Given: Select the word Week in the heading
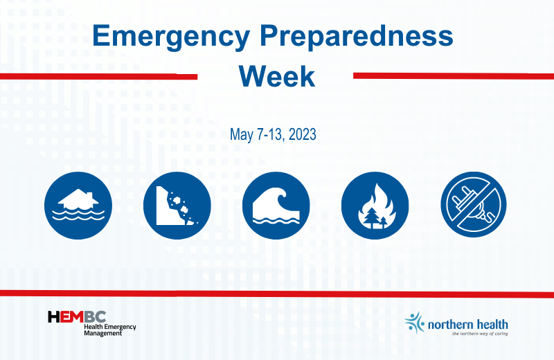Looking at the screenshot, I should [277, 76].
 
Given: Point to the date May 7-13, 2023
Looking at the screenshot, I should [273, 134].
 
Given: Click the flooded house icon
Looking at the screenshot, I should [78, 206].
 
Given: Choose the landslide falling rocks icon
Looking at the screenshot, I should [177, 206].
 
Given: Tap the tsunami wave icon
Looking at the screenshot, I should [276, 206].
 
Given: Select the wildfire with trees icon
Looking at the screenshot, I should [375, 206].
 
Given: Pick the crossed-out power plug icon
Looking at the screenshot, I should [474, 206].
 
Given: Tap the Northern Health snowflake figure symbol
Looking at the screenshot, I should [414, 323].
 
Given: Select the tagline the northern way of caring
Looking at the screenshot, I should [479, 334].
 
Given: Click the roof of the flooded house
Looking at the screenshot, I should [78, 196].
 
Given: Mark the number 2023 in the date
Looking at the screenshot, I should [303, 134].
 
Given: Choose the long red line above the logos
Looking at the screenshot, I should [277, 294].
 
